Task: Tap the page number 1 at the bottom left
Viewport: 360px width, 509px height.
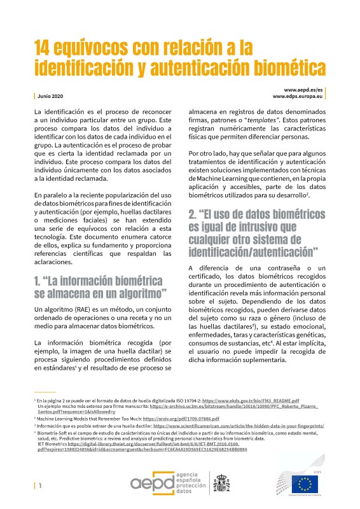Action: click(x=40, y=485)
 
